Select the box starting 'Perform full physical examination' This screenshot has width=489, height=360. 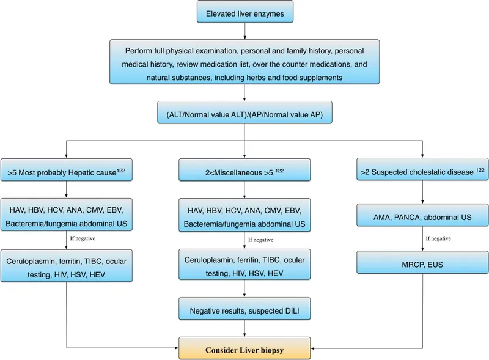click(244, 62)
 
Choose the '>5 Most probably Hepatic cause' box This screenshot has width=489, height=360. click(66, 172)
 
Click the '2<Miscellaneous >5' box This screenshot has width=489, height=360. click(244, 172)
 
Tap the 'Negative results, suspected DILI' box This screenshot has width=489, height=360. click(244, 310)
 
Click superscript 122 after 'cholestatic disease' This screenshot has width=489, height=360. click(482, 169)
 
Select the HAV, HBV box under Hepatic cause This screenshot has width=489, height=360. click(66, 217)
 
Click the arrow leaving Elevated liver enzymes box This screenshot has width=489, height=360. click(244, 30)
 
